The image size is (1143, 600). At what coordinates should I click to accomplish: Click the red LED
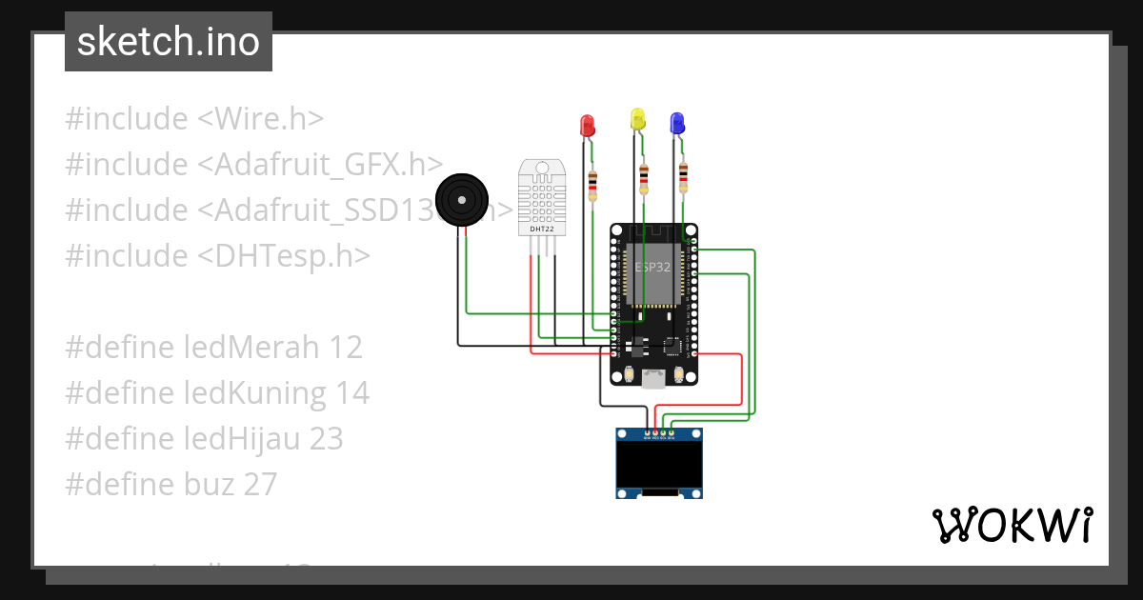point(588,124)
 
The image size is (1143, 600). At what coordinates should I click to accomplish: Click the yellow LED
point(637,119)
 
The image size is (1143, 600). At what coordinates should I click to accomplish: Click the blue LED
point(677,122)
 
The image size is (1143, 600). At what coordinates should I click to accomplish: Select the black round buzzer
point(462,200)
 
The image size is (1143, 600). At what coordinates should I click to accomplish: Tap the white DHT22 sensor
point(540,198)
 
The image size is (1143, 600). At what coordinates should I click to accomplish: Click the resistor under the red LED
point(593,185)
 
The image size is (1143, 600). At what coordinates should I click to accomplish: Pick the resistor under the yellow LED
point(644,177)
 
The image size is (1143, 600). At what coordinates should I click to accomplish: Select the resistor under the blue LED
point(683,177)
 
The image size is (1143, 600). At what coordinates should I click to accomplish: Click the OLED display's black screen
point(659,464)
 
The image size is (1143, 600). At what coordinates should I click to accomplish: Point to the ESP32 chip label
point(653,269)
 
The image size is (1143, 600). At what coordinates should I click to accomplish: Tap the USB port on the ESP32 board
point(653,379)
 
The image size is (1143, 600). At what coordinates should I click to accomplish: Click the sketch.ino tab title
point(169,42)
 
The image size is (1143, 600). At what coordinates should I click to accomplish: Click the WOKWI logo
point(1012,525)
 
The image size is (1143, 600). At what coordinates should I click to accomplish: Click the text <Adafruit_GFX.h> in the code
point(320,165)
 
